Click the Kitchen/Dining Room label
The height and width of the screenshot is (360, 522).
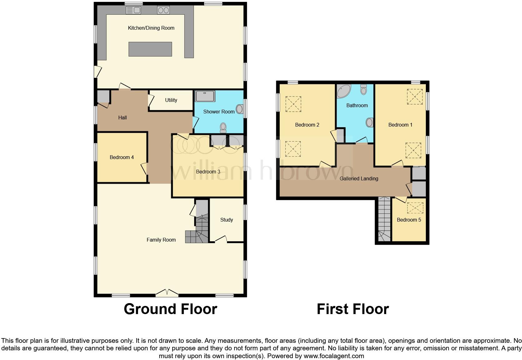pos(151,28)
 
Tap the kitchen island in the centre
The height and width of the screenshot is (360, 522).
pos(150,49)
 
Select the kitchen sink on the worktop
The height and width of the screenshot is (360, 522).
pos(133,10)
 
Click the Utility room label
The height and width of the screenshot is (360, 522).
pos(171,100)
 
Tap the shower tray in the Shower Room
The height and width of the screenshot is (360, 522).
pos(205,96)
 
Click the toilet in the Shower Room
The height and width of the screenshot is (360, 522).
pos(223,128)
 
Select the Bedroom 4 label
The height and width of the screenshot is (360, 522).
pos(121,157)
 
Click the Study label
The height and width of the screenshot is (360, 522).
pos(226,220)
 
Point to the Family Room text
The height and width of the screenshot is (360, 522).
pos(161,240)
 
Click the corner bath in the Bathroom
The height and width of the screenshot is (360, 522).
pos(344,91)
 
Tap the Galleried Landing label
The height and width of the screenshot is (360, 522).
pos(359,178)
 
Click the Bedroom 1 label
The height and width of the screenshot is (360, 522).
pos(400,125)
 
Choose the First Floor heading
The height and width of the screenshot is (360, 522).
pos(352,309)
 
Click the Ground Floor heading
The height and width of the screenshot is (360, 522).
pos(170,309)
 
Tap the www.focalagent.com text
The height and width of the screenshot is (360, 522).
pos(334,356)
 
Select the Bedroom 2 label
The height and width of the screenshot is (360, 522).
pos(307,125)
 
